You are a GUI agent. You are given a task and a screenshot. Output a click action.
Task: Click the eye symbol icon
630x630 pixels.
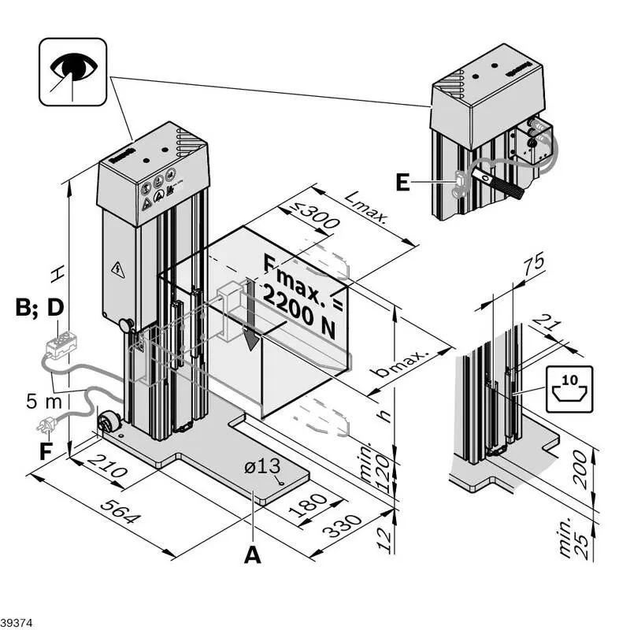click(72, 72)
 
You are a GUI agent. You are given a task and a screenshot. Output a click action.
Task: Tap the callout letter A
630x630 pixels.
click(252, 554)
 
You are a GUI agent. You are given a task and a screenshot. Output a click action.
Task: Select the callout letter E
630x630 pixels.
click(402, 183)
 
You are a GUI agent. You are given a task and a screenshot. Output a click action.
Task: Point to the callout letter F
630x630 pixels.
click(46, 452)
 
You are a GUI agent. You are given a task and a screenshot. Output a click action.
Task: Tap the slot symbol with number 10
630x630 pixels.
click(569, 388)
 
